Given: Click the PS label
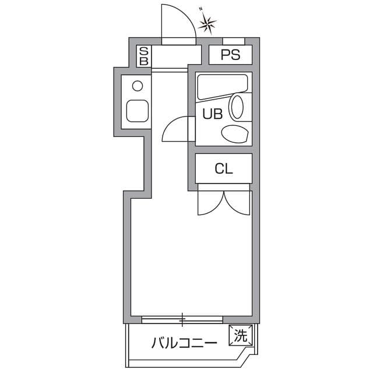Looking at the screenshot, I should (230, 56).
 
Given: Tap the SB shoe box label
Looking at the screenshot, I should (144, 57).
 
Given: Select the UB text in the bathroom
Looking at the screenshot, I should (212, 114).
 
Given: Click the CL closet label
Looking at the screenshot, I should (224, 169).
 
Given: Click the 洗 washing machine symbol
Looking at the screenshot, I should (241, 335).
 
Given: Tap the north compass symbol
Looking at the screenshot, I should (207, 23).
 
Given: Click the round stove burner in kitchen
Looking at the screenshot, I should (138, 86).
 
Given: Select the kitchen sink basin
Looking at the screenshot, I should (138, 111).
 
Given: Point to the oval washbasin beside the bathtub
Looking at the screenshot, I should (237, 107).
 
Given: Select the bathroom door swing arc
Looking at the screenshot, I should (176, 129).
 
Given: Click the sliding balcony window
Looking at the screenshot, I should (182, 319).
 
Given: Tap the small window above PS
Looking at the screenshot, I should (234, 41).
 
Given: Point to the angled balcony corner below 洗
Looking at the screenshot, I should (248, 353).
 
